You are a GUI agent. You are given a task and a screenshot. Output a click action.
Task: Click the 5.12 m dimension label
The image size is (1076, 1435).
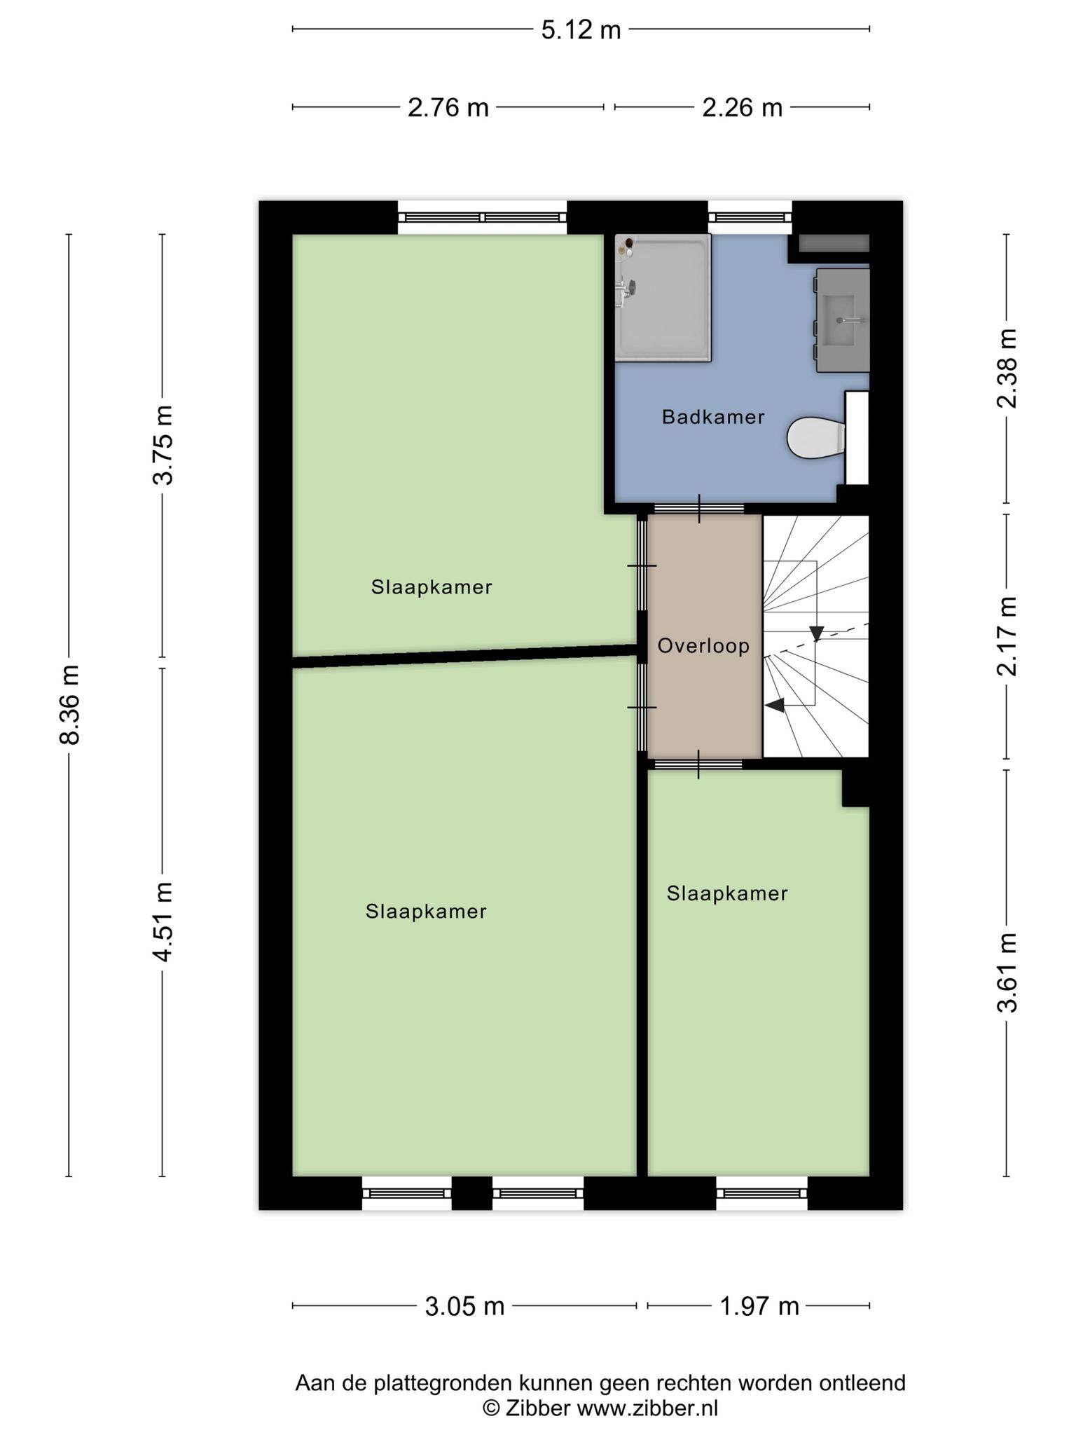point(581,29)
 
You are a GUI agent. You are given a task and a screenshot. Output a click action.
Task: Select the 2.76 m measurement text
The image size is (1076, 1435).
point(448,107)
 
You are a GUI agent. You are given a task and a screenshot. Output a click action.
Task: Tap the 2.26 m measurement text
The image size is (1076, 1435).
point(743,107)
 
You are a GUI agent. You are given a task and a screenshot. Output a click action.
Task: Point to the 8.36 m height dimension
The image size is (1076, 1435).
point(70,704)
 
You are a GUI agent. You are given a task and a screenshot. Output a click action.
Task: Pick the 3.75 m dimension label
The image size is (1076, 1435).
point(164,445)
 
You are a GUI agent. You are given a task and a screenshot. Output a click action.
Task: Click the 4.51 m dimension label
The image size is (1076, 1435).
point(164,921)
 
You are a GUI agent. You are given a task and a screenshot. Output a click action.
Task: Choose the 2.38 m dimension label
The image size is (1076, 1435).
point(1007,368)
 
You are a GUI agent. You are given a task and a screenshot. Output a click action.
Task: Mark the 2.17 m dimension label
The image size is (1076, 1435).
point(1007,636)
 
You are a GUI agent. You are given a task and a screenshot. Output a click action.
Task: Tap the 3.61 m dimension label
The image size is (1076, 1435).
point(1007,973)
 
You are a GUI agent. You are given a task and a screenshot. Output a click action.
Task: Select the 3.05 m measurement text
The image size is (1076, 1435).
point(465,1306)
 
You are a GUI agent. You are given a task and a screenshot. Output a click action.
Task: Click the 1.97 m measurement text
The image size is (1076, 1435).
point(759,1306)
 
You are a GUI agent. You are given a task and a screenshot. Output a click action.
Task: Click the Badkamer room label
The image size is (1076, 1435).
point(713,418)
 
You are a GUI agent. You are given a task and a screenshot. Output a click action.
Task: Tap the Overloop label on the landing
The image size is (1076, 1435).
point(703,646)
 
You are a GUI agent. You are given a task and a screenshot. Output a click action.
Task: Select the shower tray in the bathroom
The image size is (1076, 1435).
point(663,298)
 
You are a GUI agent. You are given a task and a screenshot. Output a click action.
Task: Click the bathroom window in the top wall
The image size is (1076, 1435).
point(750,218)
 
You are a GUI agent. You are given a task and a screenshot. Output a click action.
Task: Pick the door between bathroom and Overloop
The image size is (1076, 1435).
point(698,509)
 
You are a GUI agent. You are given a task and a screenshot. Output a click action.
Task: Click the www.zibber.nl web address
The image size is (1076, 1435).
point(647,1408)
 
